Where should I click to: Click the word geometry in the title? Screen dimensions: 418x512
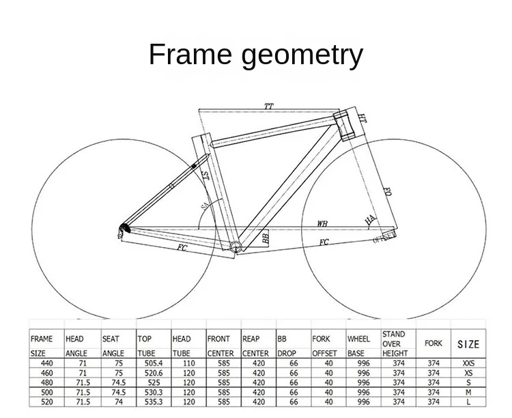(300, 56)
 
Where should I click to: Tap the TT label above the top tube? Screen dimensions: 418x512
(269, 107)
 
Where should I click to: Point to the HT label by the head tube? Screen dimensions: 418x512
(362, 119)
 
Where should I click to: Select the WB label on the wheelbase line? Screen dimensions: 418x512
(322, 224)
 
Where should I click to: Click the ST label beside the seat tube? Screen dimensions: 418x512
(205, 176)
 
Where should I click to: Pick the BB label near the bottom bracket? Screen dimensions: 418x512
(266, 237)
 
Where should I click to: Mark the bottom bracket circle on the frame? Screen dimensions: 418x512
(235, 247)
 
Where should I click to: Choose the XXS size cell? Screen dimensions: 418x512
(468, 363)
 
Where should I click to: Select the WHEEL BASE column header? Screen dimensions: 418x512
(359, 346)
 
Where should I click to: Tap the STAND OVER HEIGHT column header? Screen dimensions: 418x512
(394, 344)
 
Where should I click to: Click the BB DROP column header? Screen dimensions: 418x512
(287, 346)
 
